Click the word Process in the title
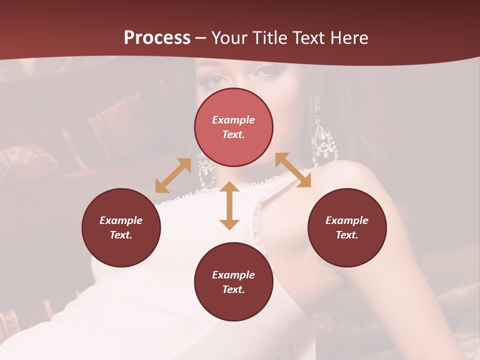(157, 37)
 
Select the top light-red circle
(233, 127)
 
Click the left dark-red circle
(121, 227)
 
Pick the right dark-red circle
(347, 227)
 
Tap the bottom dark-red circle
(233, 282)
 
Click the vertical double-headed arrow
(229, 205)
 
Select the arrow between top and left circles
(173, 175)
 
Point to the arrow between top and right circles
(293, 170)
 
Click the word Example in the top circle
(233, 120)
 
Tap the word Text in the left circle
(120, 235)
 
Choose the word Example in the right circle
(347, 220)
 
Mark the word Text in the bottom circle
(233, 289)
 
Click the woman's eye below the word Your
(214, 79)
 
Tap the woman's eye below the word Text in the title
(266, 71)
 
